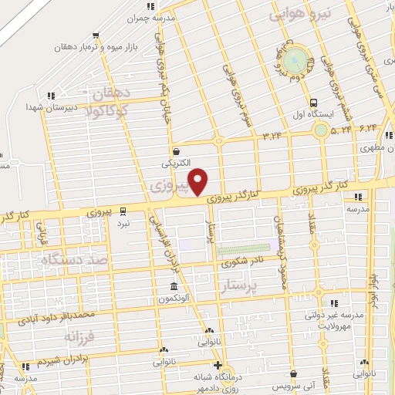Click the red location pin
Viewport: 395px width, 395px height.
click(x=199, y=182)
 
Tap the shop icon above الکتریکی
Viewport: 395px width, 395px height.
click(x=177, y=151)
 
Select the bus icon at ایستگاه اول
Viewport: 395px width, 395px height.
click(x=313, y=102)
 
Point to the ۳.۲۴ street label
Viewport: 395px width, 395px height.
click(x=273, y=137)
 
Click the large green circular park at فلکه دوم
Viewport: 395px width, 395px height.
click(x=295, y=61)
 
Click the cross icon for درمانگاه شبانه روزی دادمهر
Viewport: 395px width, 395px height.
click(x=218, y=366)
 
